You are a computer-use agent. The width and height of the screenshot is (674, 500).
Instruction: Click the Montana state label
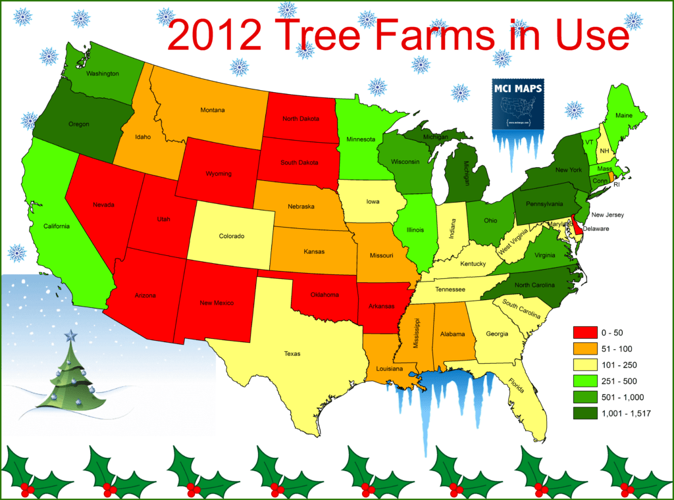(x=213, y=110)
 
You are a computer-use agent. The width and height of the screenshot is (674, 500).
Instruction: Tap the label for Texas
(x=292, y=354)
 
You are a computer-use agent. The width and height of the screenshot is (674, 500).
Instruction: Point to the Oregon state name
(x=78, y=124)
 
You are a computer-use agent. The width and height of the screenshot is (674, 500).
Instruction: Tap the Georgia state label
(x=497, y=334)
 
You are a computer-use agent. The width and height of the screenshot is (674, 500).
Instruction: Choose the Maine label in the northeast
(x=624, y=116)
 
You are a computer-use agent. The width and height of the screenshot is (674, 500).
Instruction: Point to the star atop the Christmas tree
(x=70, y=337)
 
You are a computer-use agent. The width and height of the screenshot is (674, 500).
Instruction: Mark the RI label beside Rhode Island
(x=617, y=184)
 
